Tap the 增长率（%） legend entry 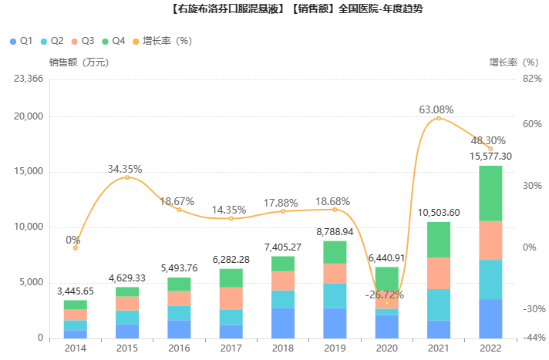pos(163,40)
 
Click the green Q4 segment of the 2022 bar pos(490,193)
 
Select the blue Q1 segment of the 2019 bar pos(335,322)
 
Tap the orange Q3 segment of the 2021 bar pos(439,273)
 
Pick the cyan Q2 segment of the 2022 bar pos(490,279)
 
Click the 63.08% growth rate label pos(436,109)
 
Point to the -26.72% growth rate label pos(385,294)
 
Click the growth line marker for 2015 pos(127,177)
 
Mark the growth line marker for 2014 pos(76,247)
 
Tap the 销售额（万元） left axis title pos(78,62)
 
